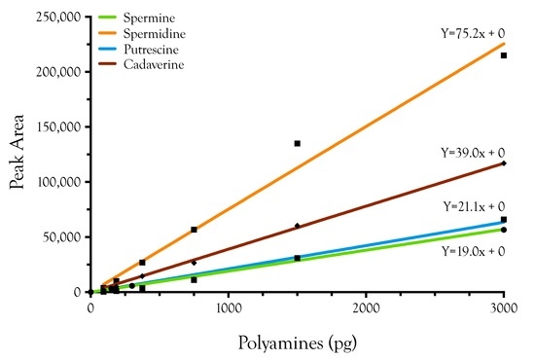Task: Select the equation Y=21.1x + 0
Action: click(x=474, y=206)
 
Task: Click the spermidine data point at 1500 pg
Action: click(x=298, y=143)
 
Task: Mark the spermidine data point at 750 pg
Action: click(x=195, y=230)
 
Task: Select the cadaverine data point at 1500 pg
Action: click(x=298, y=226)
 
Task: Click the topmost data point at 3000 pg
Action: click(x=504, y=55)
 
